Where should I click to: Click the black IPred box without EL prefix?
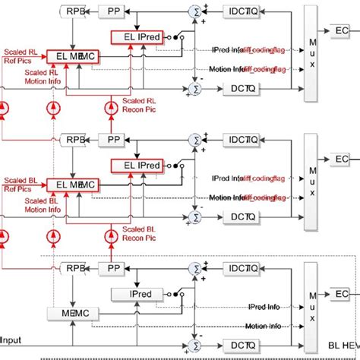pyautogui.click(x=132, y=293)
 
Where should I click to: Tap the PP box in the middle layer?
pyautogui.click(x=115, y=140)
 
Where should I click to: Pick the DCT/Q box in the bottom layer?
pyautogui.click(x=242, y=346)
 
